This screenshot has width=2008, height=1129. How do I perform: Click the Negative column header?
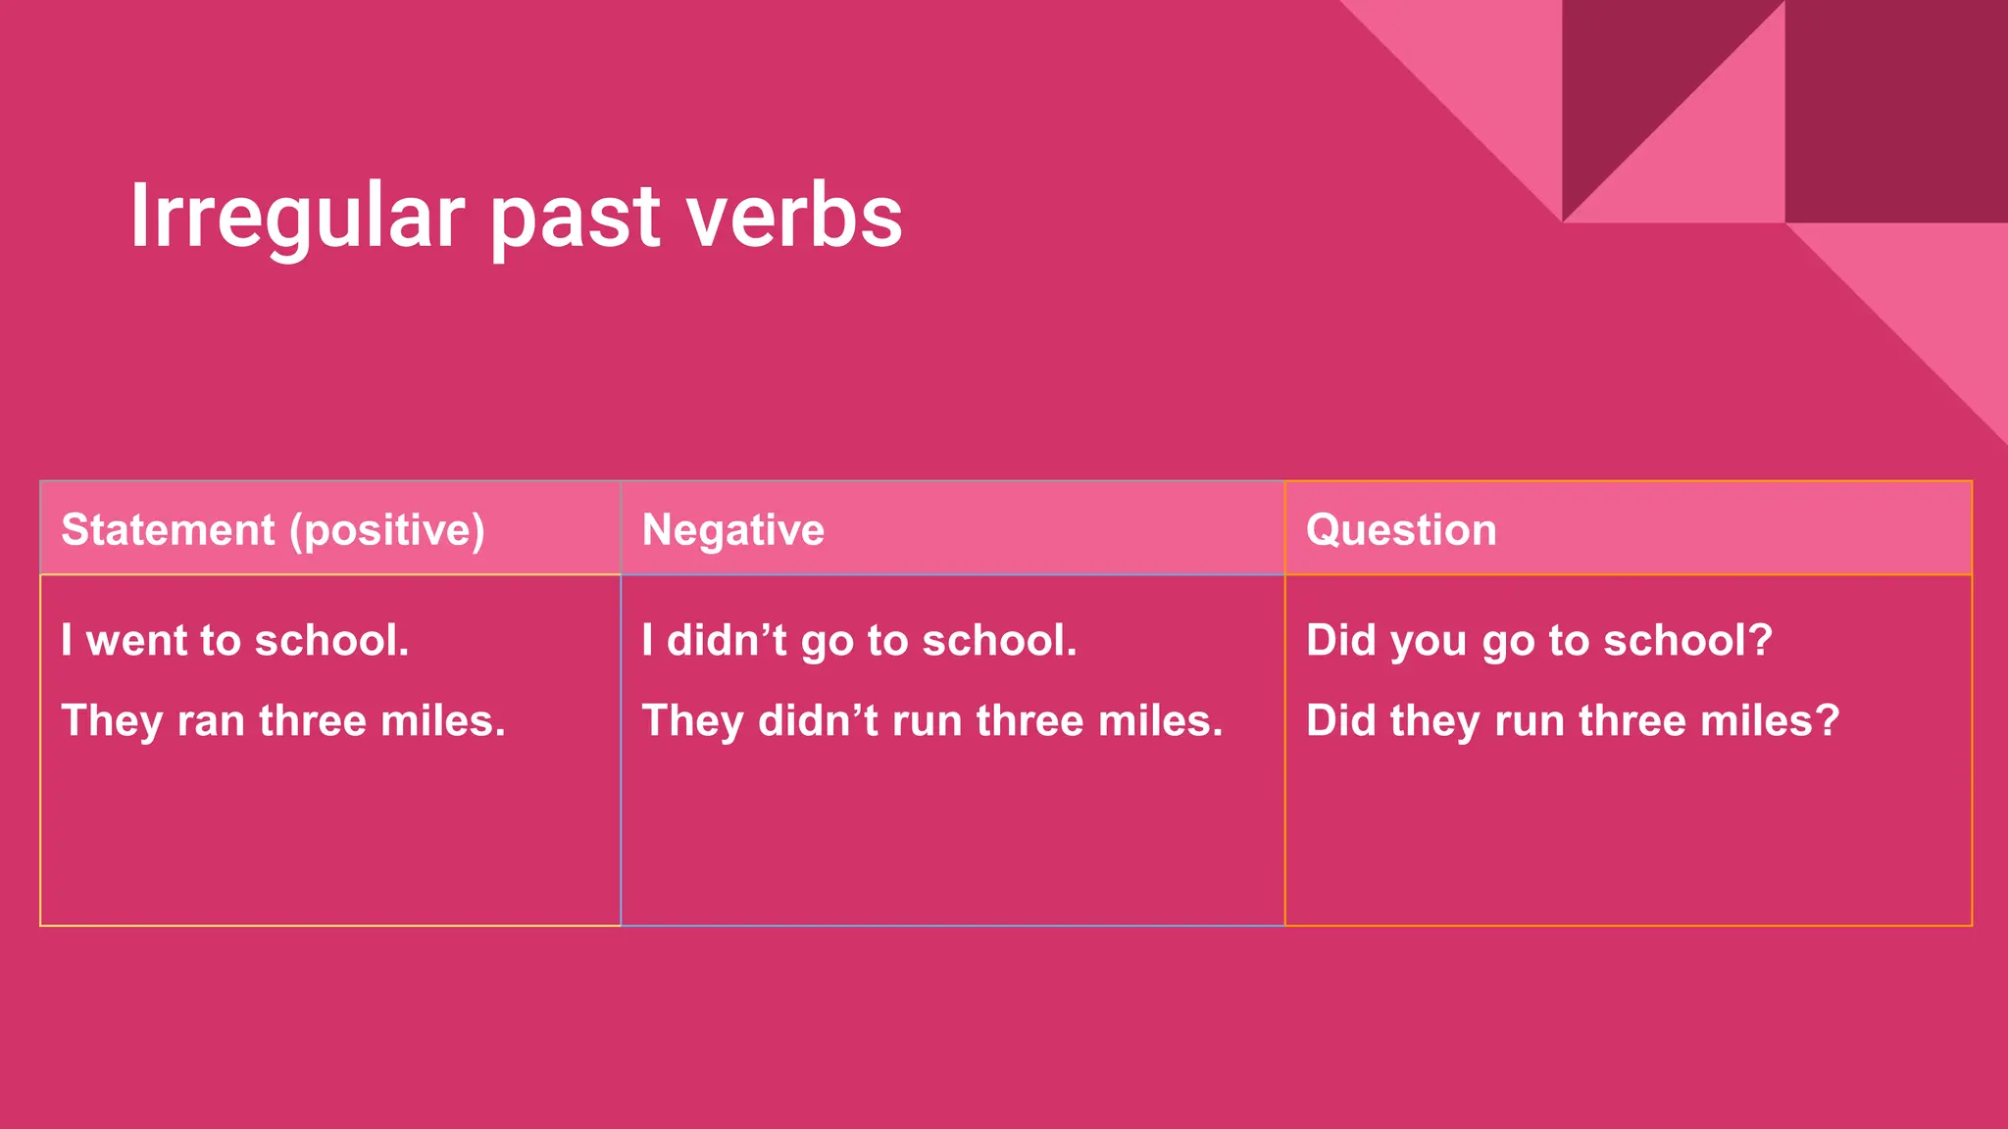coord(732,530)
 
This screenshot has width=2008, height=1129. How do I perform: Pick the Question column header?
coord(1401,530)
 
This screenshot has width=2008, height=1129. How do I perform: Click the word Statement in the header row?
coord(168,530)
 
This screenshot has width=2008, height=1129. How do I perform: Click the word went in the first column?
coord(136,641)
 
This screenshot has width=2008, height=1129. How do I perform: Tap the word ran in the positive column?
coord(210,722)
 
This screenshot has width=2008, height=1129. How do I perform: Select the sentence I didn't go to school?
coord(859,641)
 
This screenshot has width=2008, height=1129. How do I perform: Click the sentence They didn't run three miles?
coord(931,722)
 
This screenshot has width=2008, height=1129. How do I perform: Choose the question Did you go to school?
coord(1538,641)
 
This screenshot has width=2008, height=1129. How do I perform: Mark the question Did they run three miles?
coord(1572,722)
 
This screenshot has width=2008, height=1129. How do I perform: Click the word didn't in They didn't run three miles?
coord(818,721)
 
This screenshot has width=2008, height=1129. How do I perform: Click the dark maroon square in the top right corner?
coord(1895,111)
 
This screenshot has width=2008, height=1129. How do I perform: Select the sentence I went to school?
coord(234,641)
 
